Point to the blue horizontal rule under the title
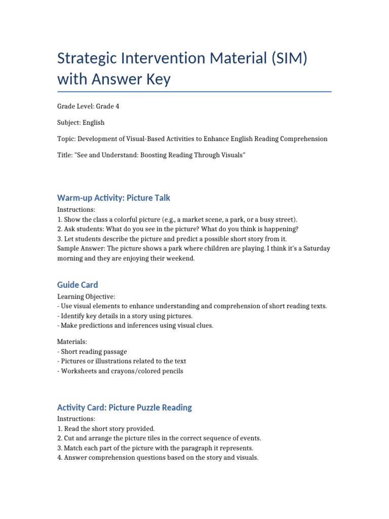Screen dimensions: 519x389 (x=194, y=92)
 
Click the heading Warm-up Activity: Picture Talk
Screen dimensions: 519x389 (x=117, y=198)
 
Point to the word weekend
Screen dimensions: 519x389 (x=179, y=258)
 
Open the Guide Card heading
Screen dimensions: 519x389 (x=77, y=285)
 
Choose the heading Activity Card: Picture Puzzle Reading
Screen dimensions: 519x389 (x=125, y=407)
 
